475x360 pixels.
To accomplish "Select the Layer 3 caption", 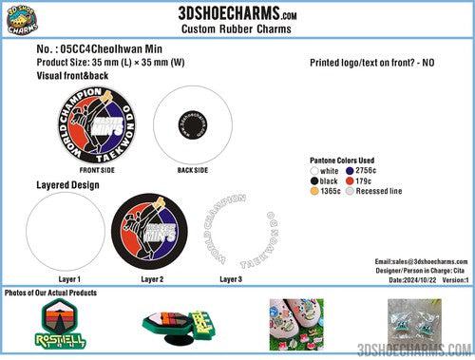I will (x=231, y=279).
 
